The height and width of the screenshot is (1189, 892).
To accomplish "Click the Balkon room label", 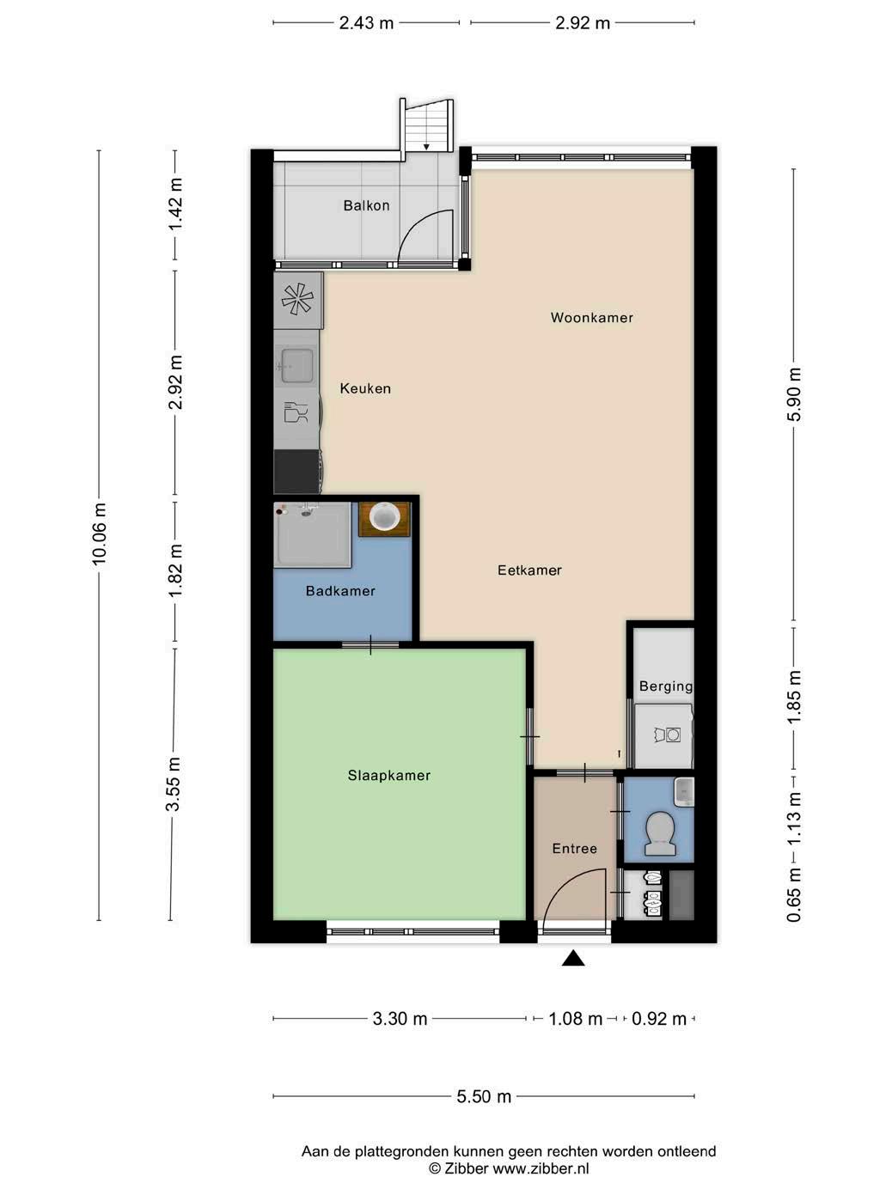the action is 366,206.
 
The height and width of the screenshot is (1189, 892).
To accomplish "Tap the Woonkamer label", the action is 592,317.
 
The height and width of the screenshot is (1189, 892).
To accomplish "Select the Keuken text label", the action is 365,388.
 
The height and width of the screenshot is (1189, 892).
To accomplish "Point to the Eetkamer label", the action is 529,570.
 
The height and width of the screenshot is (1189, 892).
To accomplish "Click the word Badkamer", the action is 340,591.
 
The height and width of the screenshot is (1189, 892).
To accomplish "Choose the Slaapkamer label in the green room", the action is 389,775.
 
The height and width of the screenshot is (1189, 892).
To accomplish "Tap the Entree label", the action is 575,848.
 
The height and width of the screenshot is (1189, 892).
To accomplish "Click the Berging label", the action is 666,686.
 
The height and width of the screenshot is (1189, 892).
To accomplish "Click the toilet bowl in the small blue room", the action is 659,835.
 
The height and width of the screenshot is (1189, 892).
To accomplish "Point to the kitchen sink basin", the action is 296,366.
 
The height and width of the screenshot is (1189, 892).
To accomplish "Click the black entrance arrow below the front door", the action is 573,958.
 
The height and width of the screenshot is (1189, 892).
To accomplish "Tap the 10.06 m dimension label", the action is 99,534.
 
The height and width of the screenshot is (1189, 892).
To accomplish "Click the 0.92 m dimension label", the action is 659,1018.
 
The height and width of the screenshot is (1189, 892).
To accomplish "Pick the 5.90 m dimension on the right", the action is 795,393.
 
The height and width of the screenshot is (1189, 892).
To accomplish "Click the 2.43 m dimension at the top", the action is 367,23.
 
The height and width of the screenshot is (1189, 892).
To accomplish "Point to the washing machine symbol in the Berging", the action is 667,735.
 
